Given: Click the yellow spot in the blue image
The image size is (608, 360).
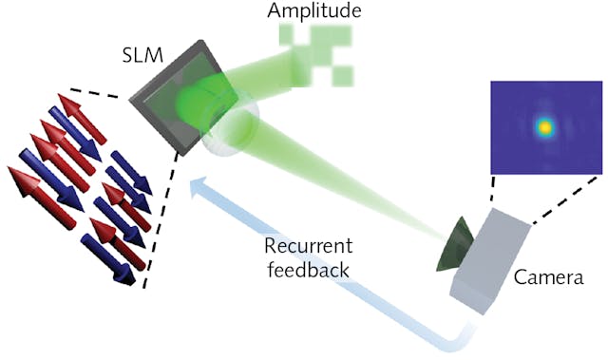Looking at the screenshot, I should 545,126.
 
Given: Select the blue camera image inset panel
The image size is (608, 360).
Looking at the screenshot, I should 545,127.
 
